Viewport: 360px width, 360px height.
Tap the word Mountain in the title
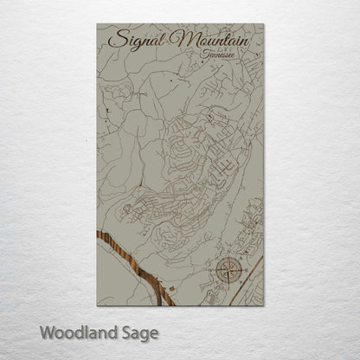pyautogui.click(x=211, y=40)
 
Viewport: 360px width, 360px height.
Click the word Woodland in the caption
pyautogui.click(x=78, y=331)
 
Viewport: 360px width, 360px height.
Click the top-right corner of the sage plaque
pyautogui.click(x=263, y=23)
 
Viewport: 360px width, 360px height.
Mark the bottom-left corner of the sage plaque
pyautogui.click(x=97, y=305)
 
